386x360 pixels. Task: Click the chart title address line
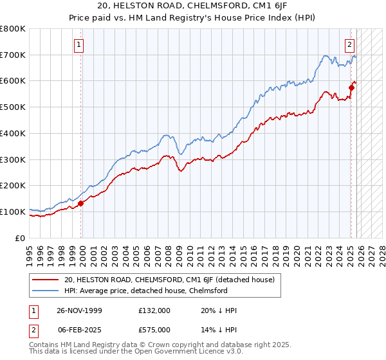[193, 7]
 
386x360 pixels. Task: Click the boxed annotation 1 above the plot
[78, 45]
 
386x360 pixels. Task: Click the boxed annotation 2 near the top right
[349, 45]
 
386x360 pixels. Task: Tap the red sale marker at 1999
[81, 203]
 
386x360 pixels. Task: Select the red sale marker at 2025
[351, 87]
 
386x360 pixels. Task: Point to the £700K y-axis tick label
[13, 55]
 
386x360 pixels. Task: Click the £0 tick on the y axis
[21, 238]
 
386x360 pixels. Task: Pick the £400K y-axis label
[13, 134]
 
